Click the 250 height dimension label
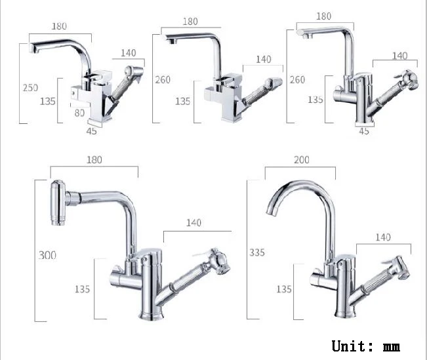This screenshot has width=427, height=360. pos(30,88)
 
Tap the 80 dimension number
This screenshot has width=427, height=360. pos(79,113)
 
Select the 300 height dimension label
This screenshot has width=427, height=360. pos(48,256)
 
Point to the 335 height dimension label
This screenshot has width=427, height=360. pos(257,252)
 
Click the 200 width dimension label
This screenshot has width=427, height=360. pos(302,159)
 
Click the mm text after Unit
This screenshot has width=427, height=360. pos(392,347)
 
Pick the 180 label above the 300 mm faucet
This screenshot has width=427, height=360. pos(94,159)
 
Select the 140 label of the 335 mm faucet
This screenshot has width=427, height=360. pos(383,237)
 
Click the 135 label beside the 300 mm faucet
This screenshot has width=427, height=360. pos(82,289)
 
